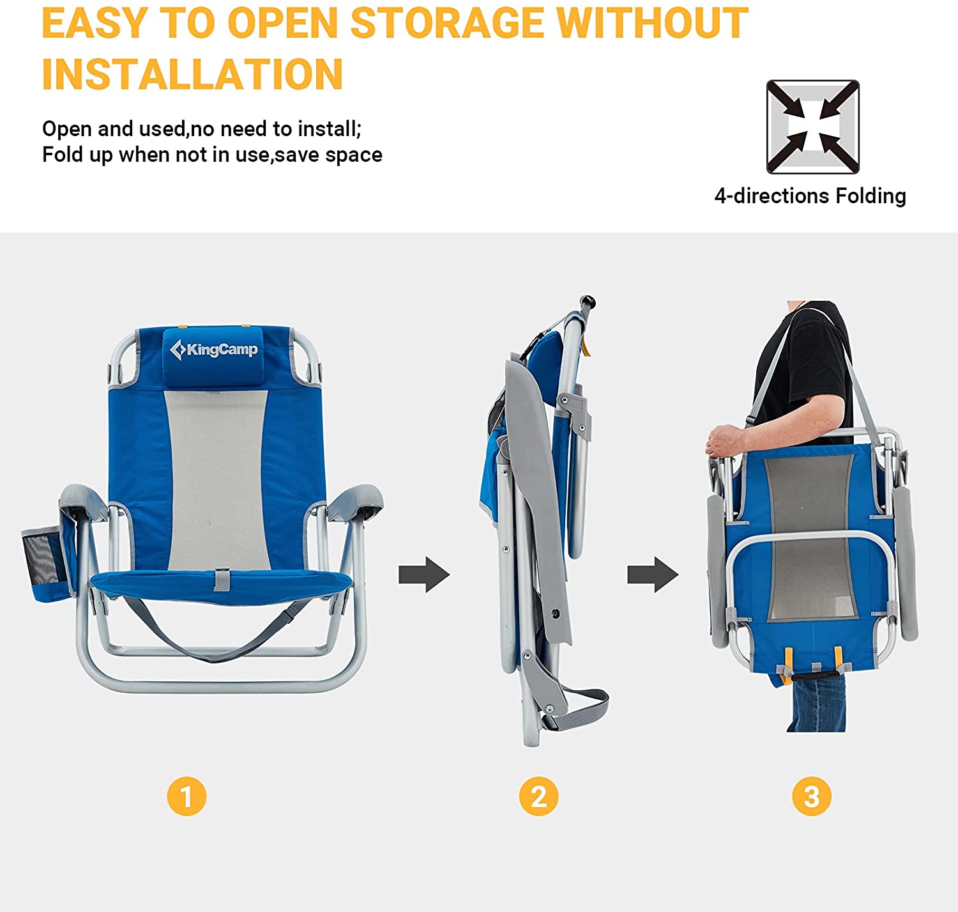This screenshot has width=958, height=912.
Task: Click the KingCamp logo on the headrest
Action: pos(214,350)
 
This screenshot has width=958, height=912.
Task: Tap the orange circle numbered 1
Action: pos(186,796)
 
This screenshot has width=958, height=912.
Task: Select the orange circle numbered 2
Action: pos(538,796)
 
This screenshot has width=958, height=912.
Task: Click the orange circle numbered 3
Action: pos(811,796)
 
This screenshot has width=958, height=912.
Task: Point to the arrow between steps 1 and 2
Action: pos(424,575)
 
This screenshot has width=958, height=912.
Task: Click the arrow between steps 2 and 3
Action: pos(652,575)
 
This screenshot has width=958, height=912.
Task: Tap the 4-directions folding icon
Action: pos(812,127)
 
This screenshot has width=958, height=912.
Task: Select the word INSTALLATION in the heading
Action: pos(192,75)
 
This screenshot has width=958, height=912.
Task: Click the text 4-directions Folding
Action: pos(810,196)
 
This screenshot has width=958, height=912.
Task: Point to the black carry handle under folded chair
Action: pos(816,674)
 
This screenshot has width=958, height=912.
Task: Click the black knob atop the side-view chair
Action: pos(588,300)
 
